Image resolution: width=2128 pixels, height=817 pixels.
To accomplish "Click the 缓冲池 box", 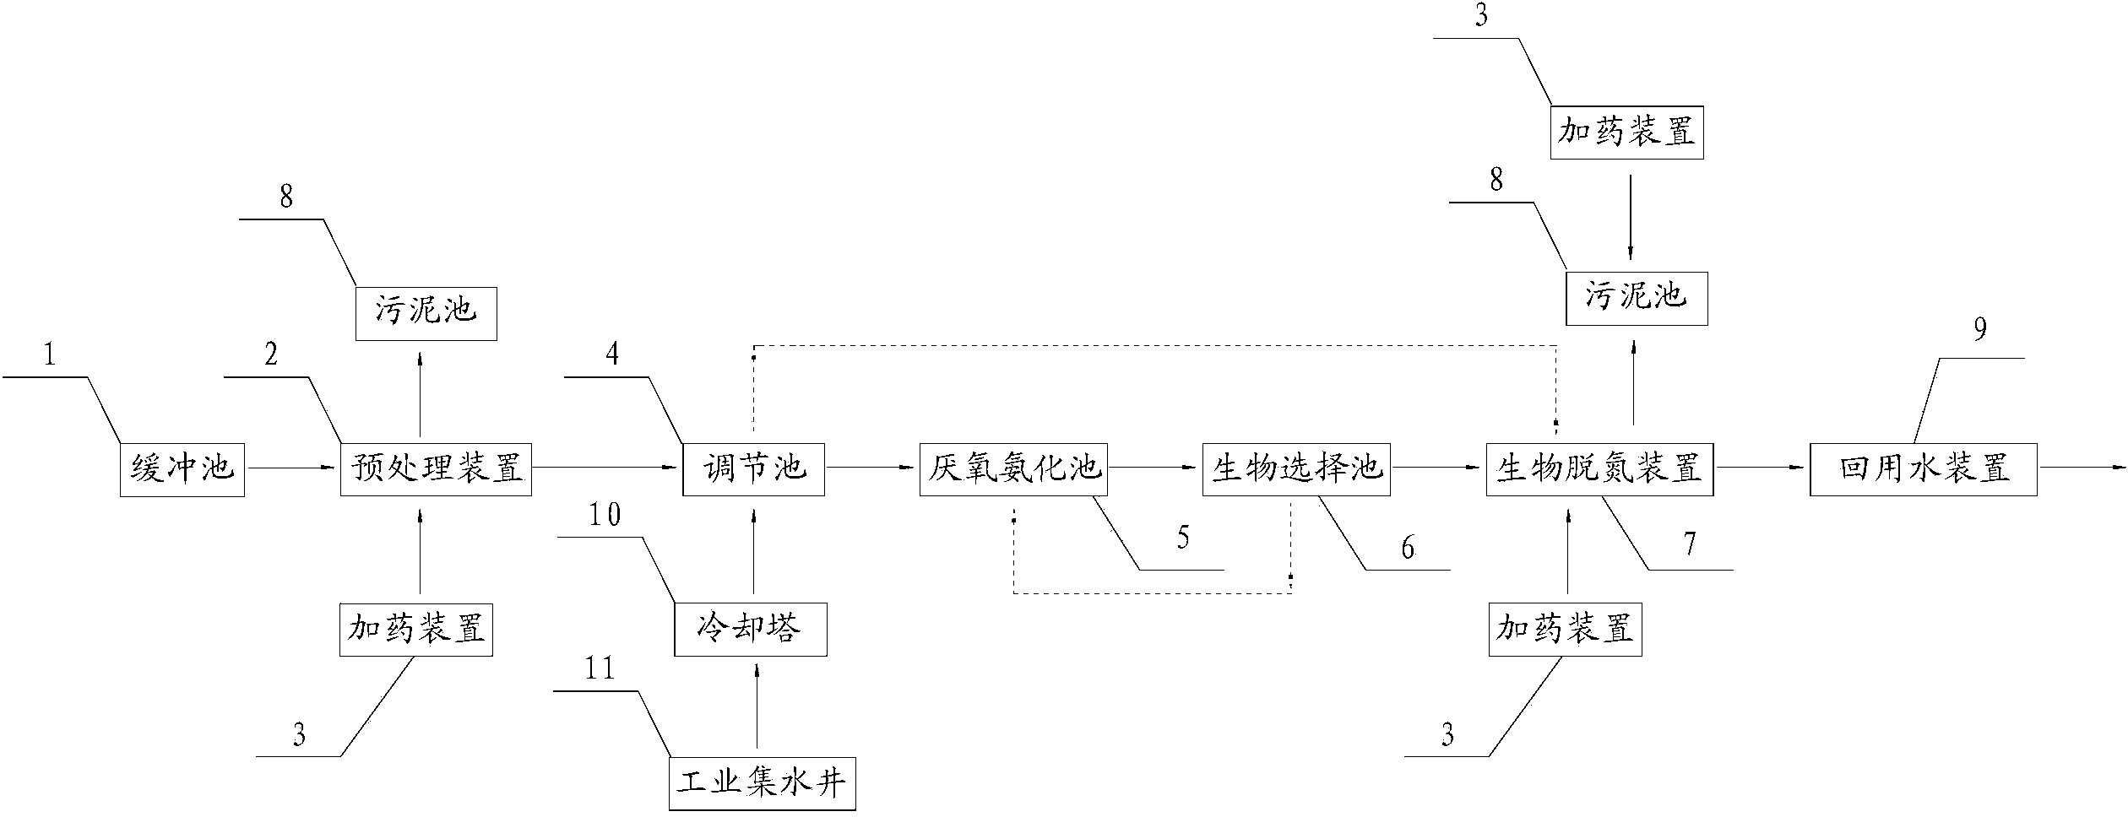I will pos(182,468).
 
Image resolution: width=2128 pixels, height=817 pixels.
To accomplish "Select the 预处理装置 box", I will pos(436,468).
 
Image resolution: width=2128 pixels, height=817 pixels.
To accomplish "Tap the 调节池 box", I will pos(753,468).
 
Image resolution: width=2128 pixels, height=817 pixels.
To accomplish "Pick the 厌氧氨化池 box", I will pos(1013,468).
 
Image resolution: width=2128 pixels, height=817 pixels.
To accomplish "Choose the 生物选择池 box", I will pos(1296,468).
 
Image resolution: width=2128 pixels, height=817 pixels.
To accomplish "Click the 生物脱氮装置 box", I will pos(1599,468).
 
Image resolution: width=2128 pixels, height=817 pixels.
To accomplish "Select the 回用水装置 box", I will pos(1924,468).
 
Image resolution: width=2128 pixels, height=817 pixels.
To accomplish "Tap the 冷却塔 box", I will pos(750,630).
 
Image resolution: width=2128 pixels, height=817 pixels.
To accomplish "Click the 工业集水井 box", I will pos(762,784).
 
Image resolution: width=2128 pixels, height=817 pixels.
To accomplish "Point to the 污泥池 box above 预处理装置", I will pos(426,313).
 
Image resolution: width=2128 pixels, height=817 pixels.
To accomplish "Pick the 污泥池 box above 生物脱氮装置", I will pos(1637,298).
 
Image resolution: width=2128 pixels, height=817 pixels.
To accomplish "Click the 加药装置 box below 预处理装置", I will pos(415,630).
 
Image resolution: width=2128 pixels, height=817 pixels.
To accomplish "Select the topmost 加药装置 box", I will pos(1626,133).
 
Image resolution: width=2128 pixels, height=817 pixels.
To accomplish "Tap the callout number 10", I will pos(604,515).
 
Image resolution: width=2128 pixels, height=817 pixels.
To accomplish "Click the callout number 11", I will pos(600,669).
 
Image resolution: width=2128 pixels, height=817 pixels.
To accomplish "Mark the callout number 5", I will pos(1183,538).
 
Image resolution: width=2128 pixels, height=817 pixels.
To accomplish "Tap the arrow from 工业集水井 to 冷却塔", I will pos(756,707).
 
